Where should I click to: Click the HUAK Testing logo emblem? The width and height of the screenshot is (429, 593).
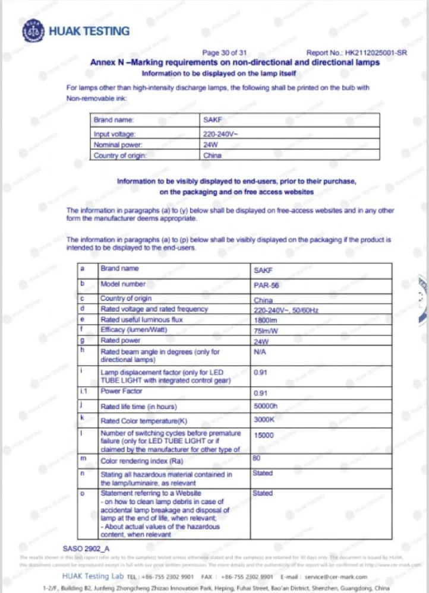33,31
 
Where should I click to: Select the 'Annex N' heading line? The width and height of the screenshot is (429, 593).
234,62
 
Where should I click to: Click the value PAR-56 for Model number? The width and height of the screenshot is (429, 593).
266,286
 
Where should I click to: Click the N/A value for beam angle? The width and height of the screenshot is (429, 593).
260,352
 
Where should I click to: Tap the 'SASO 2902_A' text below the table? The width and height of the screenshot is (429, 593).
86,549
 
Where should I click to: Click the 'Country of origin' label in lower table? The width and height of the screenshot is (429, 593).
126,299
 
